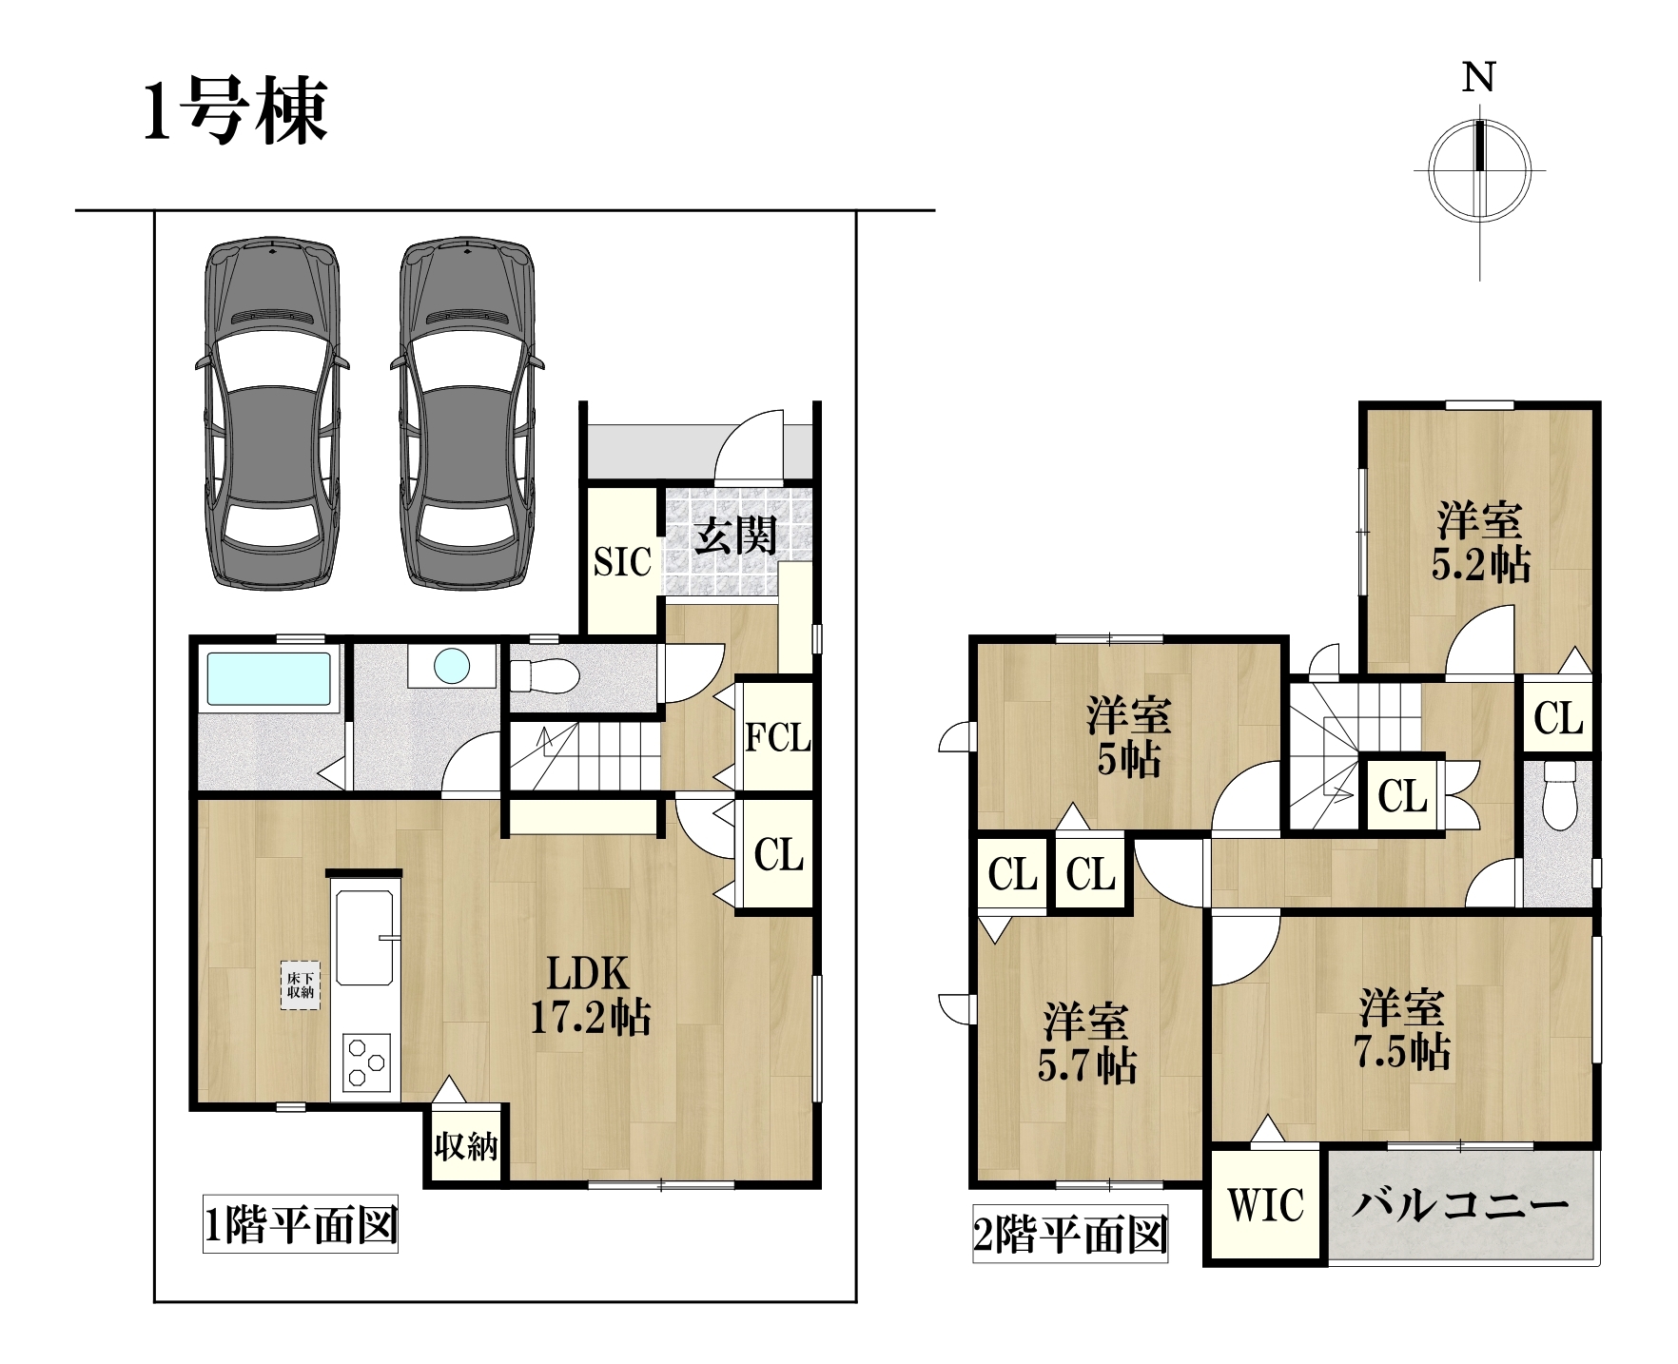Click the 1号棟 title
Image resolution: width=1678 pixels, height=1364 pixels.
(235, 111)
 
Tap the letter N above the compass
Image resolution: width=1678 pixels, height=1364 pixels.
(1479, 77)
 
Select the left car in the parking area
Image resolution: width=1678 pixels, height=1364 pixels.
(272, 413)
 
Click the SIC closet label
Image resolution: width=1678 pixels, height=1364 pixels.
(622, 561)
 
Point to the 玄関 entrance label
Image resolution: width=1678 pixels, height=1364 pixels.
(735, 536)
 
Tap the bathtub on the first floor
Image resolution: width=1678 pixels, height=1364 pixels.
(269, 677)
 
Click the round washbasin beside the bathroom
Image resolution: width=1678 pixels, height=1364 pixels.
(452, 665)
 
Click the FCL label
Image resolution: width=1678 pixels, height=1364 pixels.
(778, 737)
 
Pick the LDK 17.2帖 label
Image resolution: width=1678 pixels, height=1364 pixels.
(591, 996)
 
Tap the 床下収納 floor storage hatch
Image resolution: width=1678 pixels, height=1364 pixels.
(300, 985)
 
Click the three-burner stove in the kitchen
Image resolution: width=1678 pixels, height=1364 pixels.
(366, 1061)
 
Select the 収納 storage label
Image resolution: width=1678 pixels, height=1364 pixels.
(466, 1145)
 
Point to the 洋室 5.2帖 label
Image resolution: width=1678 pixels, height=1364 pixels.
(1481, 542)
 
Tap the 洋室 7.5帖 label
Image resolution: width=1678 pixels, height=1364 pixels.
(1402, 1030)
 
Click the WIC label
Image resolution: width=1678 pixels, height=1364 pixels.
(1266, 1205)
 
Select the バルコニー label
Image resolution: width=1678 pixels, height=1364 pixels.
(1460, 1205)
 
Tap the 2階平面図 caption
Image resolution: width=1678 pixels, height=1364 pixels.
(1070, 1235)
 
